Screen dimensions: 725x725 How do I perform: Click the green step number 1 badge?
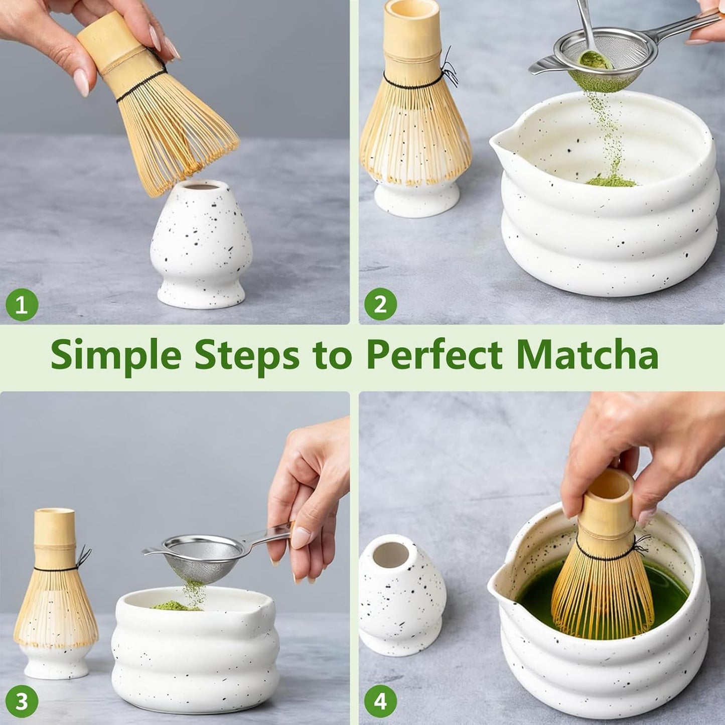[22, 305]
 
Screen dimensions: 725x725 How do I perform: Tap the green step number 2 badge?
[380, 305]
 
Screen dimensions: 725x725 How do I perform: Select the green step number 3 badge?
[22, 701]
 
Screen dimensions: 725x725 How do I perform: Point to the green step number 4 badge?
[380, 701]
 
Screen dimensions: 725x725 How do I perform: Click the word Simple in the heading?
[116, 355]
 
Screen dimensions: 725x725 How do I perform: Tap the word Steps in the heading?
[247, 355]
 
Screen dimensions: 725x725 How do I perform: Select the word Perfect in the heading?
[434, 355]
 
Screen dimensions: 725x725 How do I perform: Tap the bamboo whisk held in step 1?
[161, 110]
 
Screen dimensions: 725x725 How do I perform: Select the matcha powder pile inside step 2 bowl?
[611, 181]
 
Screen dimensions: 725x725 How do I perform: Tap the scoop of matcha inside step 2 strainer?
[595, 61]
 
